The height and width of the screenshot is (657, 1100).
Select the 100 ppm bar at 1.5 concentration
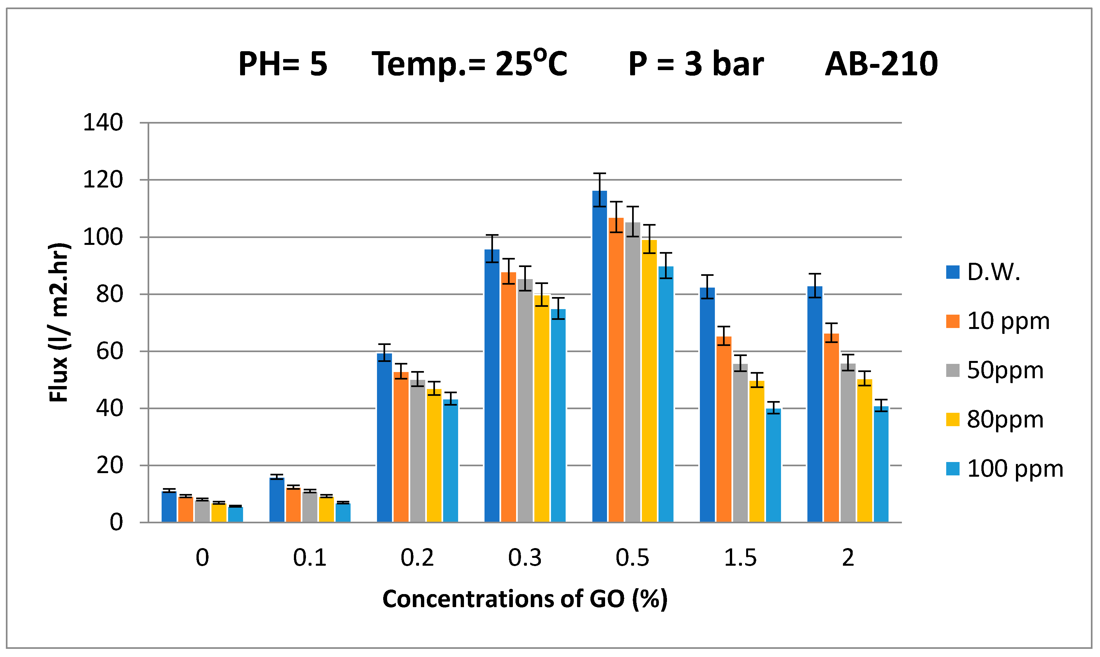tap(773, 465)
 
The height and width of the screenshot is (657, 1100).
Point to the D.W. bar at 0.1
tap(276, 500)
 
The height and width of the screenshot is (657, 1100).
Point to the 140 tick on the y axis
tap(103, 123)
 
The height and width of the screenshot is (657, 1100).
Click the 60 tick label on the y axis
tap(109, 351)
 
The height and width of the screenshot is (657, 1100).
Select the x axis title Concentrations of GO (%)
tap(525, 599)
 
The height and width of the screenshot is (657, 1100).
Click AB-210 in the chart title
tap(881, 64)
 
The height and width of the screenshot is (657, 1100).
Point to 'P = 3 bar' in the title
tap(696, 64)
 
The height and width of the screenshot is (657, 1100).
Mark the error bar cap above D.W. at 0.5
tap(599, 173)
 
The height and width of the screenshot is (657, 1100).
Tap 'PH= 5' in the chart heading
tap(283, 64)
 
